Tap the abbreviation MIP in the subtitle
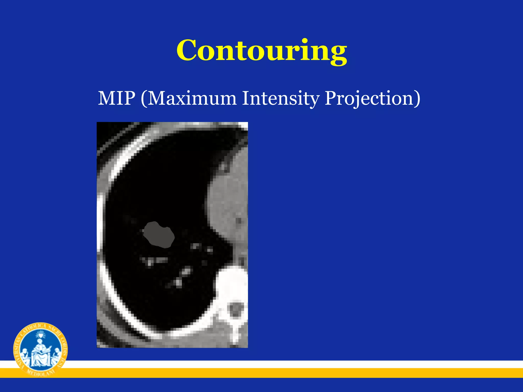pyautogui.click(x=116, y=98)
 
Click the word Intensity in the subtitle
pyautogui.click(x=280, y=98)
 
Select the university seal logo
pyautogui.click(x=40, y=350)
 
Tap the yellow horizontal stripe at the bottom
pyautogui.click(x=281, y=373)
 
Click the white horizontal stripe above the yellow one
pyautogui.click(x=281, y=364)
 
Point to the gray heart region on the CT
pyautogui.click(x=227, y=204)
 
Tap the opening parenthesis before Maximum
pyautogui.click(x=144, y=99)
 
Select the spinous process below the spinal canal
pyautogui.click(x=235, y=332)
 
